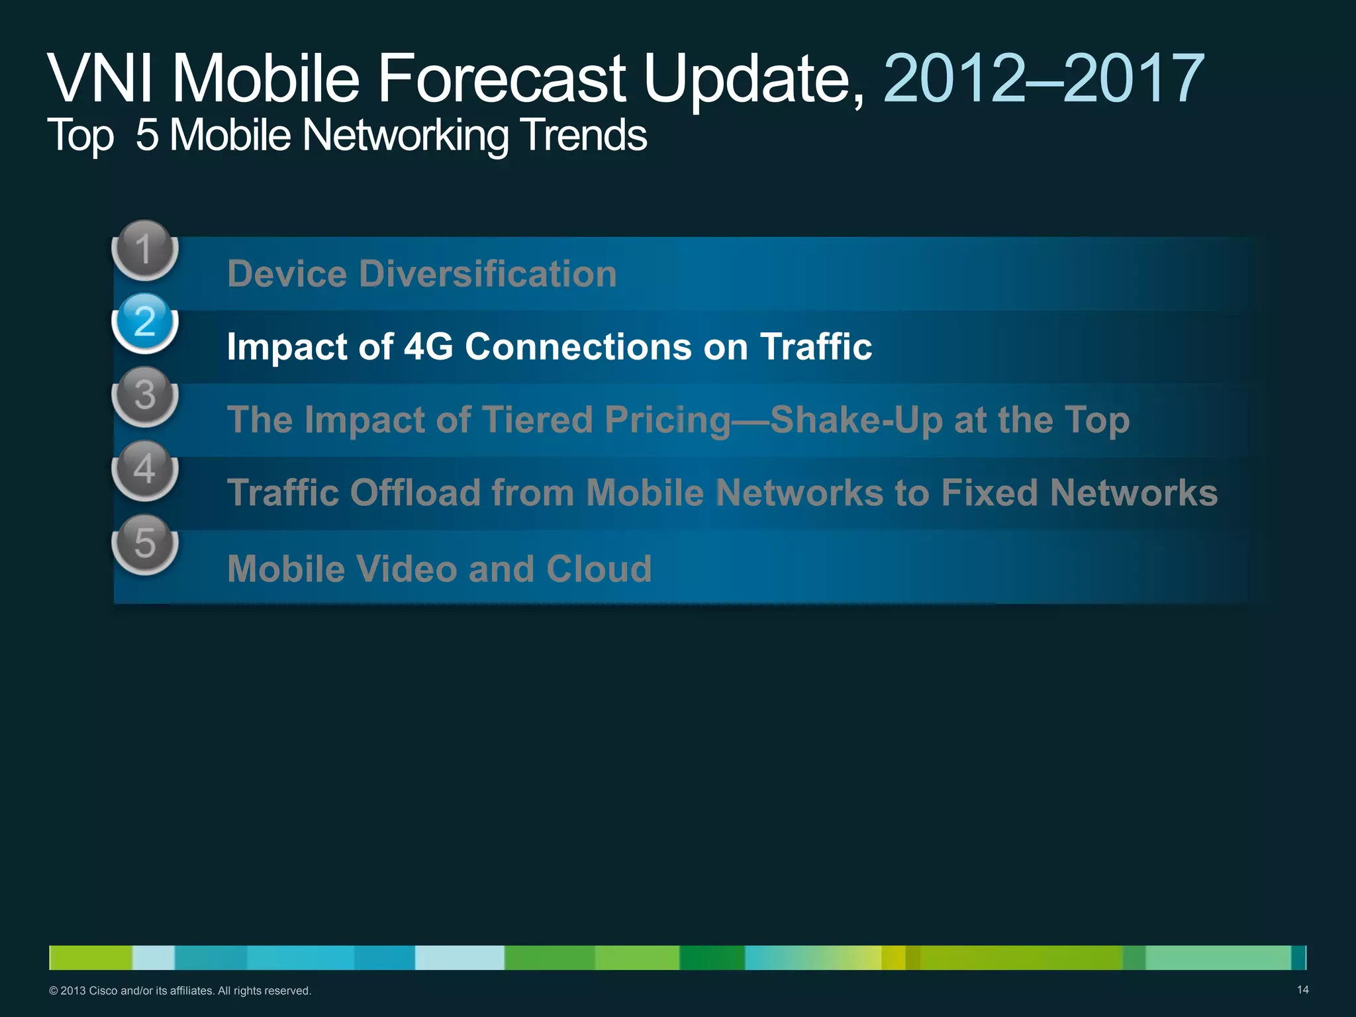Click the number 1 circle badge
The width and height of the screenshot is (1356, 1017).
tap(144, 250)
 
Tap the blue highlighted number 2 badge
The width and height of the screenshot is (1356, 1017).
tap(144, 322)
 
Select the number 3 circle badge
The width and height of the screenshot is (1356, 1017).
tap(144, 396)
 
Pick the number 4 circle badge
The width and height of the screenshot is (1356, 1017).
tap(144, 469)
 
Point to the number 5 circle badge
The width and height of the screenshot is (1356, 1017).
tap(144, 544)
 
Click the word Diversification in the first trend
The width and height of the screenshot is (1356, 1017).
tap(488, 273)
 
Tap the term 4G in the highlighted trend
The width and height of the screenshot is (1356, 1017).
tap(428, 346)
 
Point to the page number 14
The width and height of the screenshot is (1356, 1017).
tap(1302, 990)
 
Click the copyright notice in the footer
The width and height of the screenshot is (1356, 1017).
tap(180, 991)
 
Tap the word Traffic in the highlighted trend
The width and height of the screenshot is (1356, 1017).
tap(816, 346)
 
